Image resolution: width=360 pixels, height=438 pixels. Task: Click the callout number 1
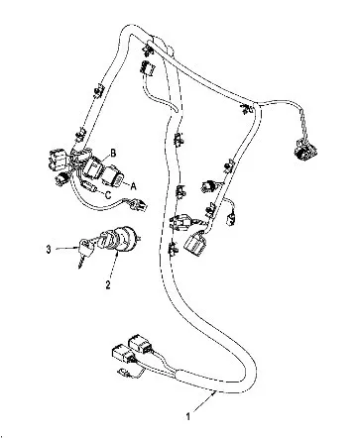coord(188,416)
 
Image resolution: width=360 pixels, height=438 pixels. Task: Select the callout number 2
coord(108,285)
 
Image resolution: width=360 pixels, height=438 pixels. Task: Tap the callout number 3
coord(49,250)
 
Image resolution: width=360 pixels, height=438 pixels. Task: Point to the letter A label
coord(133,187)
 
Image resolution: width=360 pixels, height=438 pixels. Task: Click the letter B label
coord(113,154)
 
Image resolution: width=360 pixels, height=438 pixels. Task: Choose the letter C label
coord(108,195)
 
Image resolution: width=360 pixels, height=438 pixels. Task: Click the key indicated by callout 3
coord(85,251)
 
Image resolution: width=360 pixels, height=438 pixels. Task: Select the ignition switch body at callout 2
coord(122,238)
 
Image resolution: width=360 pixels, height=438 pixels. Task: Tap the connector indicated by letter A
coord(113,178)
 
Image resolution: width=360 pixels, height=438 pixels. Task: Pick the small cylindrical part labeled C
coord(89,187)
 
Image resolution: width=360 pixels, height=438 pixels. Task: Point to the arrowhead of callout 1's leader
coord(215,392)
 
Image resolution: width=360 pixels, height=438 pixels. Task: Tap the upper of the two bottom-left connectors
coord(140,344)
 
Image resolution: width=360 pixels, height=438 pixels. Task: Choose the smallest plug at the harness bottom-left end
coord(122,372)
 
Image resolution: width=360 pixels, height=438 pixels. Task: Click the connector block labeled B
coord(93,167)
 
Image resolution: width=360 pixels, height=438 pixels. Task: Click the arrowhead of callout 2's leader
coord(118,253)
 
